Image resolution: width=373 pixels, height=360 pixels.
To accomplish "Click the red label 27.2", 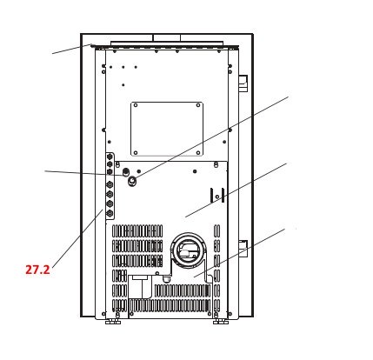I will coord(37,270).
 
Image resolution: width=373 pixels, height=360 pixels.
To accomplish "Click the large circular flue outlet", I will coord(189,250).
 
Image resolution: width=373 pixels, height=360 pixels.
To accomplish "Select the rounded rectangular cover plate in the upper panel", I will coord(167,129).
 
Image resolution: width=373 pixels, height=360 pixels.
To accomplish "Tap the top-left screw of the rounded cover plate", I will coord(136,106).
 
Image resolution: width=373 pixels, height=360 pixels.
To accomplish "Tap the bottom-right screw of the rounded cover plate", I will coord(198,151).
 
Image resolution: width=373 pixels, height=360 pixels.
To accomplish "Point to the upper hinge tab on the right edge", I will coord(243,83).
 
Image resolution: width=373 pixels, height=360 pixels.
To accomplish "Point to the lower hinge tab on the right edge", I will coord(243,248).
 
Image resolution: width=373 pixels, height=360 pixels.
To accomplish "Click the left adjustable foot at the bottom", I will coord(112,321).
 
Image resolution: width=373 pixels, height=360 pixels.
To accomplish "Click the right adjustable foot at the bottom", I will coord(221,321).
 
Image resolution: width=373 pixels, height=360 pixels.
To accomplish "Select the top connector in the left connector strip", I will coord(110,157).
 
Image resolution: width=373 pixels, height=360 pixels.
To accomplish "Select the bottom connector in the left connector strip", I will coord(110,212).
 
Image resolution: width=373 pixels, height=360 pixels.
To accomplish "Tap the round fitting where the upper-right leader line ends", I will coord(132,181).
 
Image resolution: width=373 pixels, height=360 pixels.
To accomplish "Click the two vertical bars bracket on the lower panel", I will coord(217,195).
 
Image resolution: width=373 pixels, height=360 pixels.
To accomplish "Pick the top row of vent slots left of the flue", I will coord(137,230).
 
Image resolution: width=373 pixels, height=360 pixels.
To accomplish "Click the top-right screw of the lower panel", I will coord(216,164).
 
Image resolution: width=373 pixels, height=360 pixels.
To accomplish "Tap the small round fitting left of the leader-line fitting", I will coord(126,172).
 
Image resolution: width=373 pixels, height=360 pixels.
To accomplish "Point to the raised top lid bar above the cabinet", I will coord(166,43).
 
